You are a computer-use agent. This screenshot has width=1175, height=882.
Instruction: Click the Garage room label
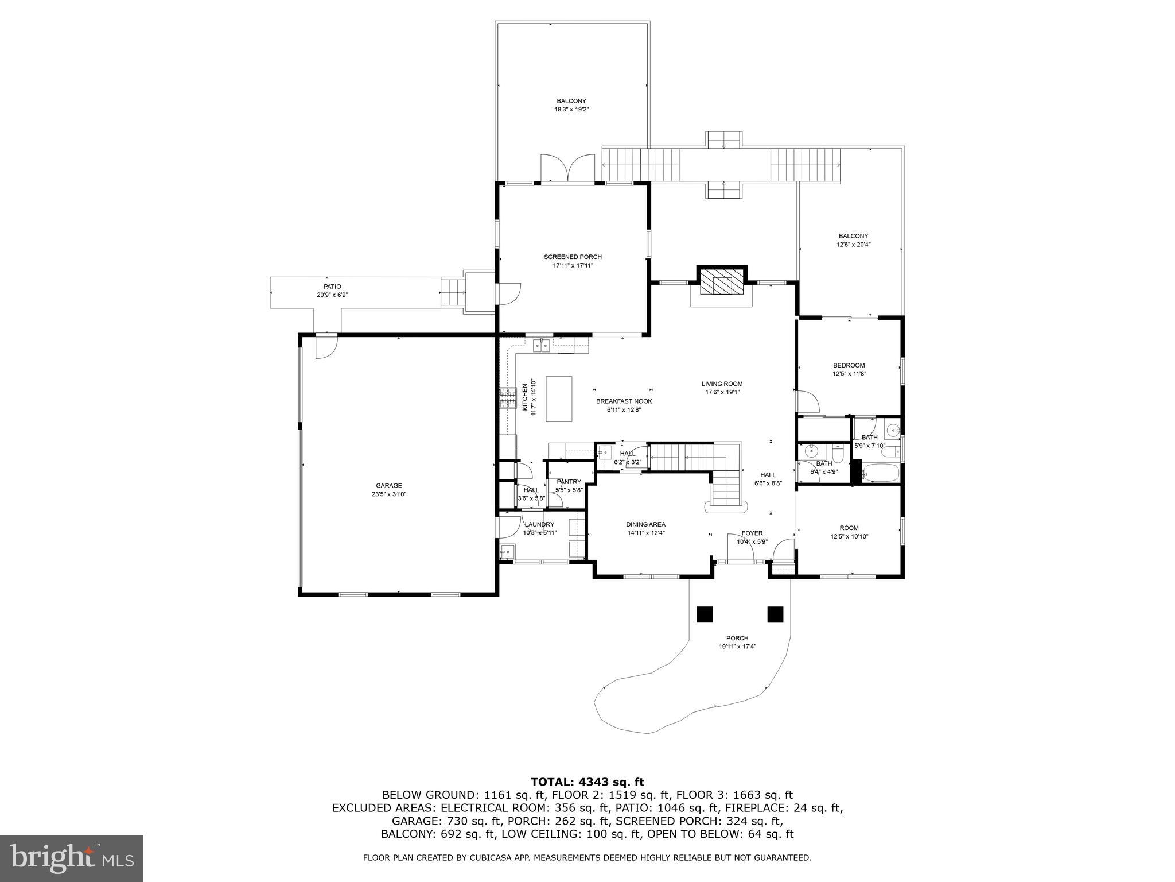tap(388, 485)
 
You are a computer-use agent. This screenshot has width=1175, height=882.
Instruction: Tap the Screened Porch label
tap(573, 257)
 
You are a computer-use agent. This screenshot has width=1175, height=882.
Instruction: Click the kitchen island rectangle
tap(559, 399)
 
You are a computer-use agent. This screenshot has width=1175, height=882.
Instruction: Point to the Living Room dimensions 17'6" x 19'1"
tap(722, 392)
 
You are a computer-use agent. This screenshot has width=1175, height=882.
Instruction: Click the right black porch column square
tap(775, 614)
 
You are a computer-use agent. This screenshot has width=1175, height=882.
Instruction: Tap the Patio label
tap(332, 287)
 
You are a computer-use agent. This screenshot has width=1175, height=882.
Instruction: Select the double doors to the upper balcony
tap(567, 168)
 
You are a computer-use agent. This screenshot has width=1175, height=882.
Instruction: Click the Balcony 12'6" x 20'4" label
tap(853, 236)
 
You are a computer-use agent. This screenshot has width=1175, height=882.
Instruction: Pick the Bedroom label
tap(849, 365)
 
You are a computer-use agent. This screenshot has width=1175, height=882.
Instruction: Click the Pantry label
tap(569, 482)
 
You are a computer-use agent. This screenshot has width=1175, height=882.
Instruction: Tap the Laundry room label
tap(539, 524)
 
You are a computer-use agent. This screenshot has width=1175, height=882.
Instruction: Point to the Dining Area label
tap(645, 524)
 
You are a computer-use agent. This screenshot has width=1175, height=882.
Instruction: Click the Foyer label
tap(752, 533)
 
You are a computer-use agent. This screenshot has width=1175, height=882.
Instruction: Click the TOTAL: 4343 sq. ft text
tap(587, 782)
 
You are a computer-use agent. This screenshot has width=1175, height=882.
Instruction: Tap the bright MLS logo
tap(72, 858)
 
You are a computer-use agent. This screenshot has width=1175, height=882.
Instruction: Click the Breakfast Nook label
tap(624, 401)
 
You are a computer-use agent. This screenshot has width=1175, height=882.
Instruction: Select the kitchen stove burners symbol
tap(508, 397)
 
